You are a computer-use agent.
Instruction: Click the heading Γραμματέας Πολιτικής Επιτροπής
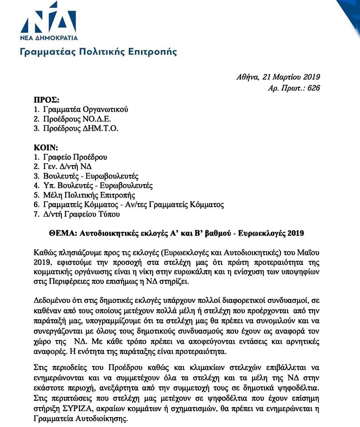tap(98, 52)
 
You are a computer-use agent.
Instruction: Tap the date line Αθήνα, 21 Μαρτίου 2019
tap(278, 77)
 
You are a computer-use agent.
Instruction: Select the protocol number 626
tap(313, 88)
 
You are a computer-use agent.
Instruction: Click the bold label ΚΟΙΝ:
tap(46, 147)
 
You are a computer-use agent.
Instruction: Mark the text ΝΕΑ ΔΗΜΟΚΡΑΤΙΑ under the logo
tap(49, 37)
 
